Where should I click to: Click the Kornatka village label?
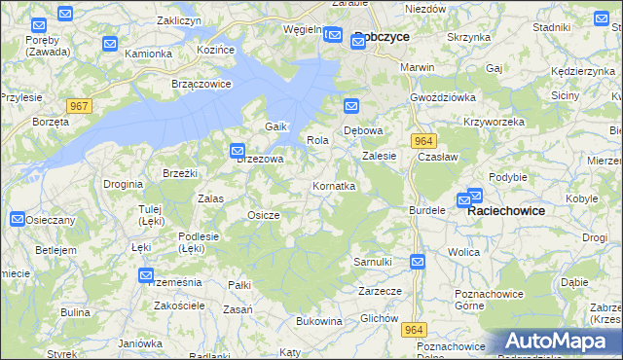333,185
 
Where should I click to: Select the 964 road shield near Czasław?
422,140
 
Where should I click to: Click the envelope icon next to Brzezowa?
238,151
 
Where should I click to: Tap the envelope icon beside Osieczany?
18,220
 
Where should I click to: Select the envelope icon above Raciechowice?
475,196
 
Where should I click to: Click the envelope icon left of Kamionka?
109,44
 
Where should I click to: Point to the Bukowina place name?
318,320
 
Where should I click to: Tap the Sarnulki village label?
372,262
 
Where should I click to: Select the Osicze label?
264,215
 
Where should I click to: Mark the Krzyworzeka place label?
495,122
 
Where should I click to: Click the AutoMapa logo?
562,341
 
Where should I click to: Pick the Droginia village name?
124,183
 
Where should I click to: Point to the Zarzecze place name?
380,290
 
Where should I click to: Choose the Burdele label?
427,209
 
